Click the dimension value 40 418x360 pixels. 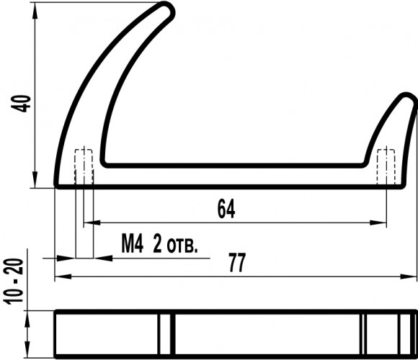21,103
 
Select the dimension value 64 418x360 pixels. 226,209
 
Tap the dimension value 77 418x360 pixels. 237,263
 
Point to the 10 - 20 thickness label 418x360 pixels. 14,282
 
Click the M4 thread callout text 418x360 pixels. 133,243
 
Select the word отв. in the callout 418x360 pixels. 182,247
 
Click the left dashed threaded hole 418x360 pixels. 84,166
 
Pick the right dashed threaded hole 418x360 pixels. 386,166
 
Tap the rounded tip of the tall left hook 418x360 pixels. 167,9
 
